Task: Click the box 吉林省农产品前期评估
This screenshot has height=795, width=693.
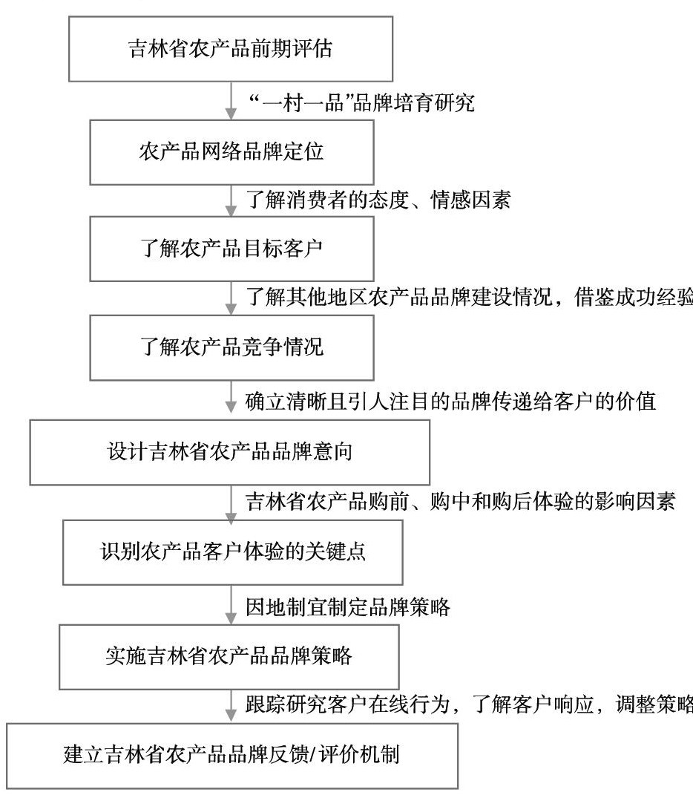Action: (x=231, y=50)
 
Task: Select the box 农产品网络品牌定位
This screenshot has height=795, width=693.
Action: (x=231, y=152)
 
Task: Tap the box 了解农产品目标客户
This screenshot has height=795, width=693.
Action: (x=231, y=248)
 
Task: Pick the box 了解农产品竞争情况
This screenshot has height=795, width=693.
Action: (x=231, y=347)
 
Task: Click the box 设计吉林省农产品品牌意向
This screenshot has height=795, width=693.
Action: (x=230, y=452)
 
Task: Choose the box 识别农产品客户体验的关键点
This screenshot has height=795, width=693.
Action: (x=233, y=552)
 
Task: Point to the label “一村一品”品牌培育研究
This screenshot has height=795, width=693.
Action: (x=360, y=102)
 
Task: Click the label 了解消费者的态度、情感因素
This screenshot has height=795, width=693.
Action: (x=378, y=200)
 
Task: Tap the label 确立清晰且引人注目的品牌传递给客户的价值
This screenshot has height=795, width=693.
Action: (x=450, y=402)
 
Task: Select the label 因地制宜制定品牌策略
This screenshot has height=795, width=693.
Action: (x=348, y=606)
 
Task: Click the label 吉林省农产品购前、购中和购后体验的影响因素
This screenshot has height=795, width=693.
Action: (x=460, y=502)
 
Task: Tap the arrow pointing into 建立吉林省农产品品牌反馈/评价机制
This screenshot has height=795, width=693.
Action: (x=231, y=706)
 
